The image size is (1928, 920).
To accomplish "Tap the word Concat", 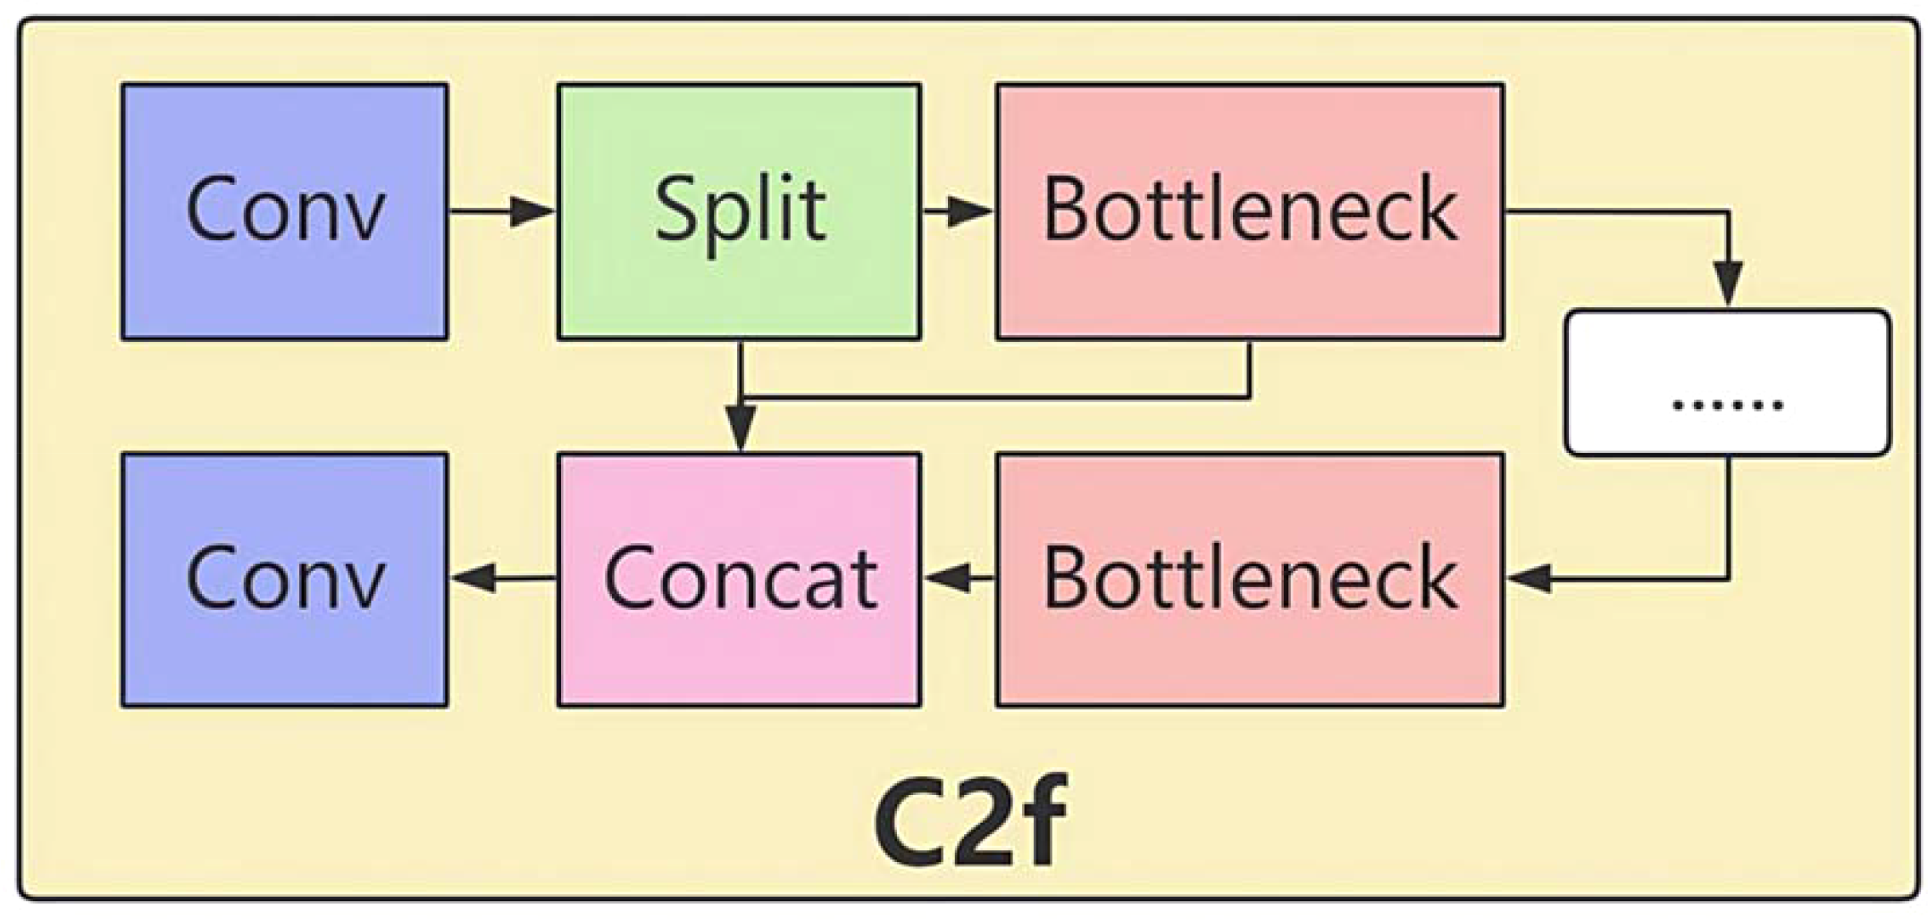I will [x=739, y=579].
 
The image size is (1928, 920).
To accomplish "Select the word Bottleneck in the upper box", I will [x=1249, y=210].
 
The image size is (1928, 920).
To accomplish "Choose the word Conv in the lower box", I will [x=284, y=579].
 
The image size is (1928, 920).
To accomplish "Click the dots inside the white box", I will [x=1726, y=404].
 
